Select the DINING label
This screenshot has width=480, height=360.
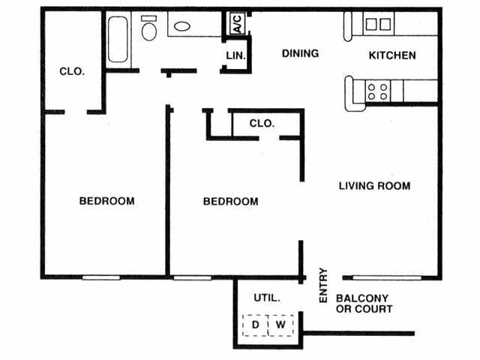[x=300, y=53]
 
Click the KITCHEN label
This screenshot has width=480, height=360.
[x=392, y=55]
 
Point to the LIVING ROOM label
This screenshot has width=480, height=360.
[x=374, y=185]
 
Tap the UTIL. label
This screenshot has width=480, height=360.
[x=266, y=298]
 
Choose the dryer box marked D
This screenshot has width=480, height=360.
[x=255, y=325]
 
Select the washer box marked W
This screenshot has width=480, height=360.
[x=280, y=325]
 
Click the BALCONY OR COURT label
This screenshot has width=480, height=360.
[x=364, y=303]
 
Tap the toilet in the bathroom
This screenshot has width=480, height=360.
[x=149, y=29]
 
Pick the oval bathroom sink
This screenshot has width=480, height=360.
[x=182, y=27]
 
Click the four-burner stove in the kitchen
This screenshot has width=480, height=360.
[x=377, y=91]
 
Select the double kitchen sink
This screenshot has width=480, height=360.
[x=377, y=24]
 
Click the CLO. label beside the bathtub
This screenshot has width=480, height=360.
[x=72, y=72]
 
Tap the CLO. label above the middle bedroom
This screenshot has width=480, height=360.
[x=262, y=123]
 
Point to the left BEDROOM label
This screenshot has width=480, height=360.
[x=107, y=201]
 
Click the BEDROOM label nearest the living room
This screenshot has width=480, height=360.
[x=231, y=202]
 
